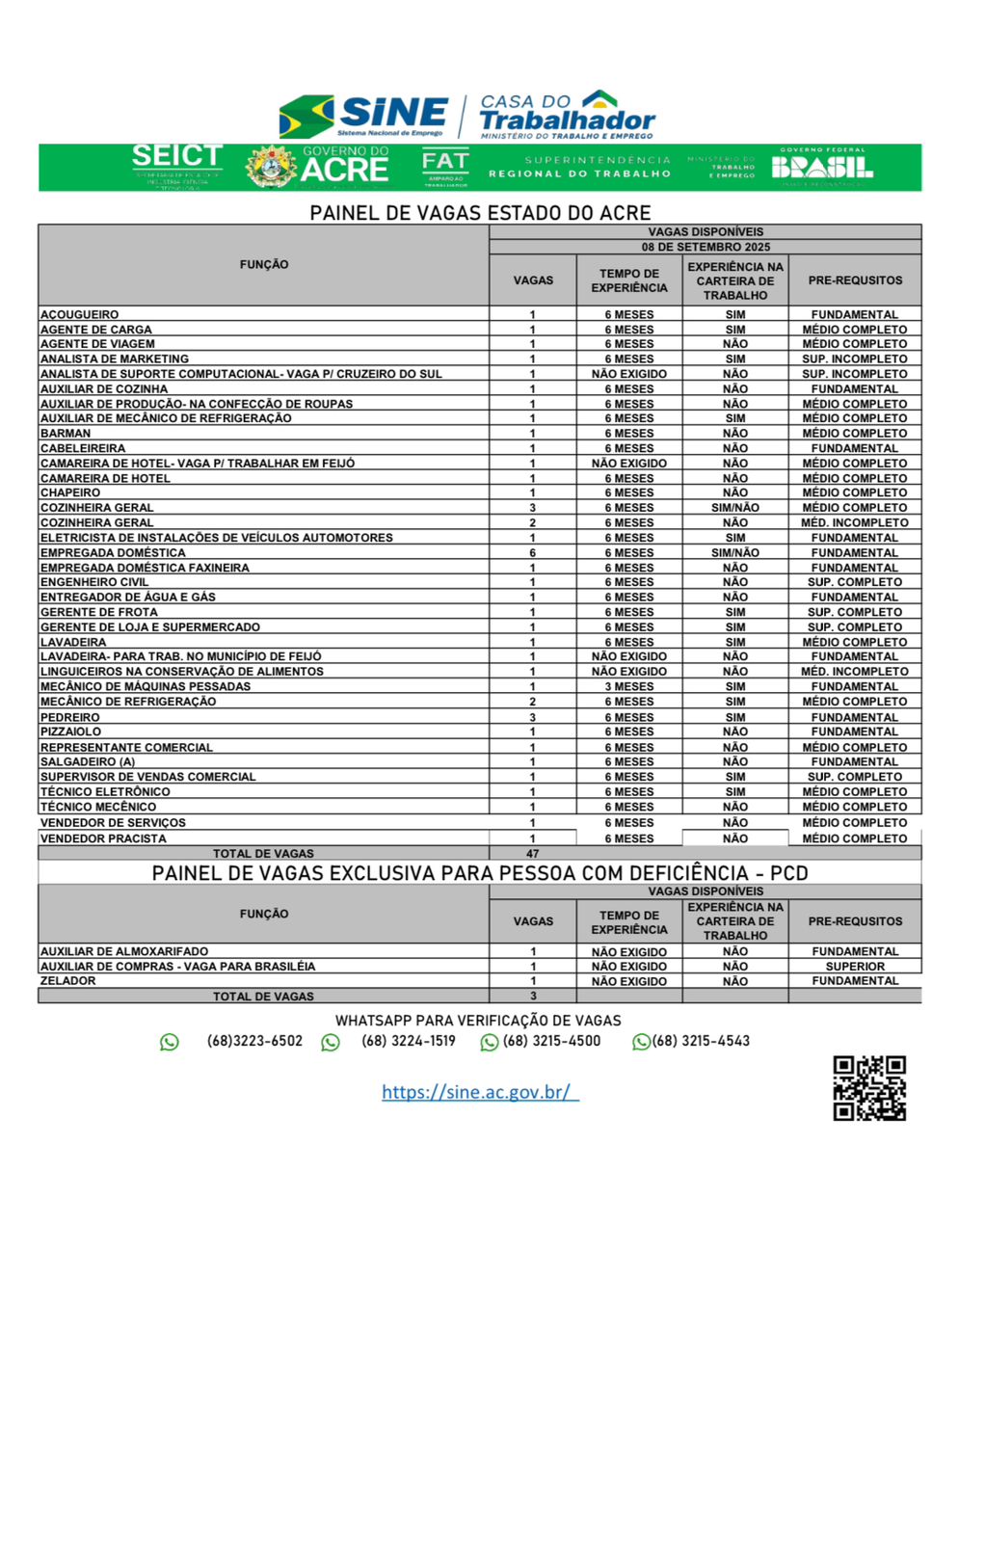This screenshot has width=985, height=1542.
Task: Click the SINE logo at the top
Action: (x=364, y=116)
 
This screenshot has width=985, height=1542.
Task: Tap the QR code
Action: (x=869, y=1088)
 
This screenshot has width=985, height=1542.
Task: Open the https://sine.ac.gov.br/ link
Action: (x=479, y=1092)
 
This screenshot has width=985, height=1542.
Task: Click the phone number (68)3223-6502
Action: (x=254, y=1041)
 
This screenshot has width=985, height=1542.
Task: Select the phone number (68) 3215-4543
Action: (x=701, y=1041)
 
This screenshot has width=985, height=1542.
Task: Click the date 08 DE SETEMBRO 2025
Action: (x=705, y=247)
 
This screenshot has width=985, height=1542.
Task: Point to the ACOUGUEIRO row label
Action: (x=80, y=314)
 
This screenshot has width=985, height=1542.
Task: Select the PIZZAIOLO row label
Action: (x=70, y=731)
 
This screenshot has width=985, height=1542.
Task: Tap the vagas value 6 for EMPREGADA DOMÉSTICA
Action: (x=532, y=553)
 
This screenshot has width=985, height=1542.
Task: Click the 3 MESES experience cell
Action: (x=628, y=686)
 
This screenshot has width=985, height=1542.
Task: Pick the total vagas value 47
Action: (x=532, y=854)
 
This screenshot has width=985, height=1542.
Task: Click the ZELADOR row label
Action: (x=68, y=981)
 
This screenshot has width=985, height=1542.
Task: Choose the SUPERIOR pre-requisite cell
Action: (x=854, y=967)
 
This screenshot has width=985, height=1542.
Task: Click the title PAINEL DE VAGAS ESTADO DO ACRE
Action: (x=480, y=213)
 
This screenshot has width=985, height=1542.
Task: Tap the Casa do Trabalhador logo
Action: (x=567, y=115)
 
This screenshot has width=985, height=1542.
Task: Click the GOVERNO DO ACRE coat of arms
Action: (x=272, y=168)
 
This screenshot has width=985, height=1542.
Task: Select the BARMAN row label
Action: (x=66, y=434)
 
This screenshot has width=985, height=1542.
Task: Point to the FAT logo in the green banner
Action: (x=445, y=167)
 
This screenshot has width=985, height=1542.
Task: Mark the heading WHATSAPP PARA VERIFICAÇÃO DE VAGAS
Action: (x=478, y=1021)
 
